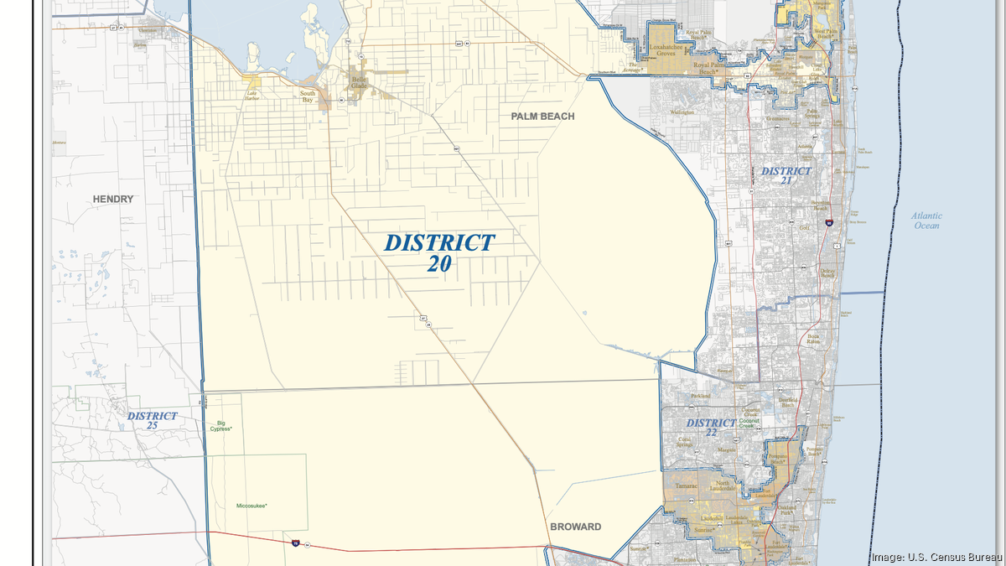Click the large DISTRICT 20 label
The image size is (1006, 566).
pyautogui.click(x=439, y=252)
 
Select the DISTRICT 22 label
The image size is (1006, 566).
pyautogui.click(x=711, y=427)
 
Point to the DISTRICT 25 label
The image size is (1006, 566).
pyautogui.click(x=152, y=420)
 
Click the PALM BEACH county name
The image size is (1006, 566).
pyautogui.click(x=542, y=117)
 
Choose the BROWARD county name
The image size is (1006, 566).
pyautogui.click(x=575, y=527)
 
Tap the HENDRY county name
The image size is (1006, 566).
pyautogui.click(x=113, y=200)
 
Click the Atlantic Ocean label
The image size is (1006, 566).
pyautogui.click(x=926, y=221)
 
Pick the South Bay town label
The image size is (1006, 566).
pyautogui.click(x=309, y=96)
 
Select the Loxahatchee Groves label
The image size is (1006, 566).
pyautogui.click(x=668, y=49)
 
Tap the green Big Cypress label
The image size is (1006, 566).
pyautogui.click(x=221, y=426)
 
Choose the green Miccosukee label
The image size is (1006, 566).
pyautogui.click(x=256, y=506)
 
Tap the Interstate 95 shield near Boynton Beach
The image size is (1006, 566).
pyautogui.click(x=827, y=223)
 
